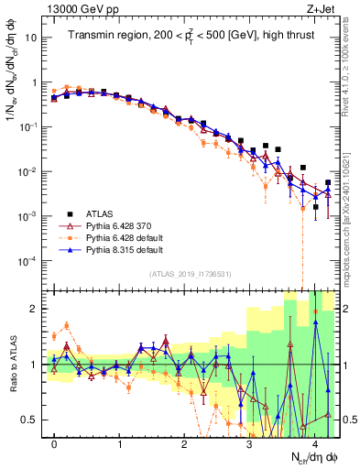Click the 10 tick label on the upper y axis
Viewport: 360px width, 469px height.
pyautogui.click(x=32, y=39)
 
